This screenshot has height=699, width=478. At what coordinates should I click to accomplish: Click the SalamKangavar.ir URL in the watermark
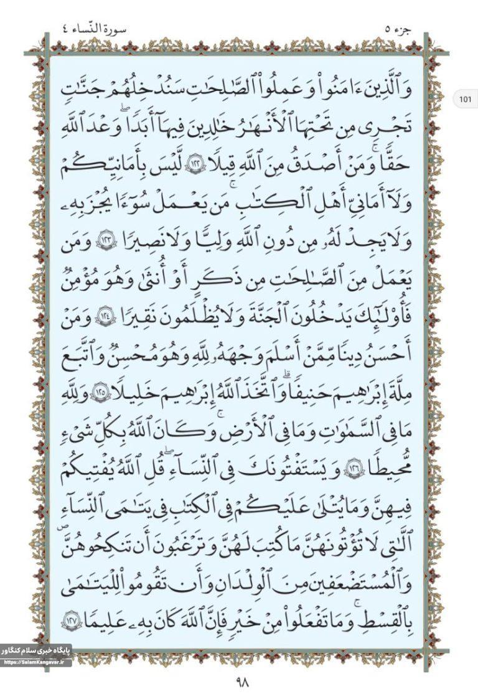(36, 662)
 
